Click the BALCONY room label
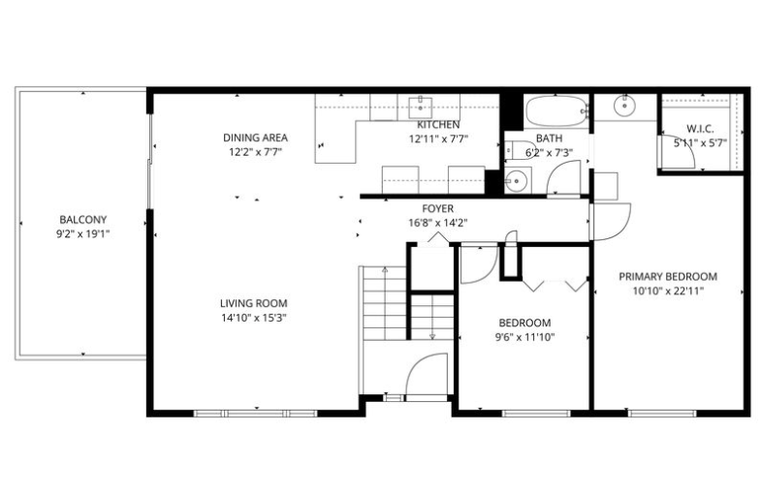pos(81,219)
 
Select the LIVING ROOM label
pos(253,303)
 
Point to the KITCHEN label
pos(437,125)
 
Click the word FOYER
pos(437,208)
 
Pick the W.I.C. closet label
pos(700,128)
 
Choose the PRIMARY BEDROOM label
pos(668,276)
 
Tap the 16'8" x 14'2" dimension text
pos(437,222)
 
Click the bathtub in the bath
pos(556,109)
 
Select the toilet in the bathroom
pos(513,151)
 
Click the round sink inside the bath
pos(516,179)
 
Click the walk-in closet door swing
pos(678,155)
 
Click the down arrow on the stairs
pos(431,334)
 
